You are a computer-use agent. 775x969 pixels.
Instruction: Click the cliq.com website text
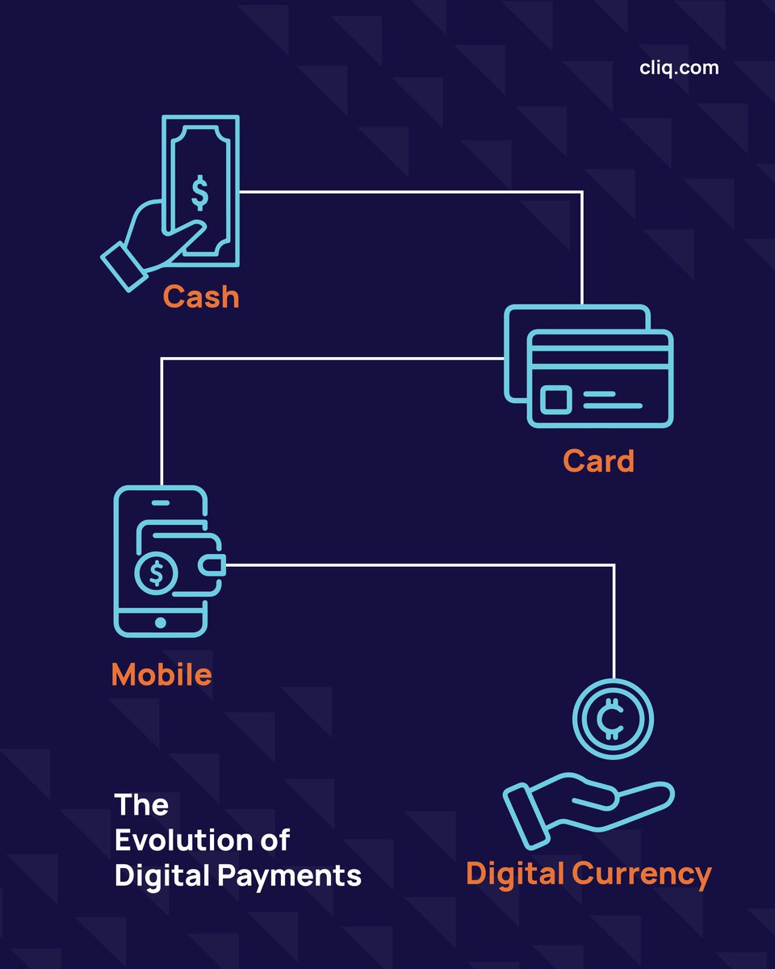(678, 68)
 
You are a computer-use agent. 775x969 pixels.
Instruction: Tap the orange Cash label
(201, 297)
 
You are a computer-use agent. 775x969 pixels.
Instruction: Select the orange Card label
(598, 461)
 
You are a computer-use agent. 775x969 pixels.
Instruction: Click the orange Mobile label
(161, 674)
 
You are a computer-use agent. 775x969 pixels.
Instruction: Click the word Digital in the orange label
(515, 874)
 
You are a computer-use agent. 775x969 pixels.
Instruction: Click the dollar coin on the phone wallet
(156, 573)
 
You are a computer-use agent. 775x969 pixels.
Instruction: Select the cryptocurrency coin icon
(614, 718)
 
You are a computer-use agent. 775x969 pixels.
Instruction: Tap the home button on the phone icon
(161, 623)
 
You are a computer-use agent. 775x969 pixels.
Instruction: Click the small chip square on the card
(556, 400)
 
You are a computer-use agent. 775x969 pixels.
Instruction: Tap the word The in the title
(141, 804)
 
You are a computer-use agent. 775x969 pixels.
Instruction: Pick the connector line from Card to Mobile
(323, 359)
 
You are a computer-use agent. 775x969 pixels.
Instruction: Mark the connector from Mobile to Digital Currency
(420, 565)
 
